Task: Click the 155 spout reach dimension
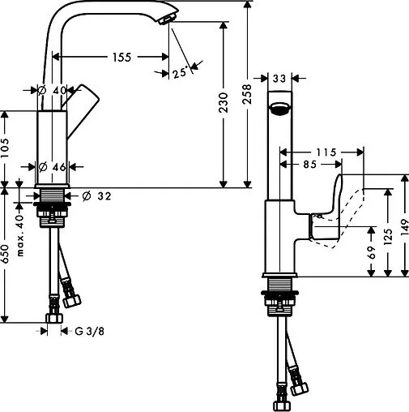120,58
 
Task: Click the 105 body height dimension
5,145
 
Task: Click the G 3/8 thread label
92,331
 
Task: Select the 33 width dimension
279,79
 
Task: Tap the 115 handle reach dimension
325,151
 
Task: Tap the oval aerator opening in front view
279,109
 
